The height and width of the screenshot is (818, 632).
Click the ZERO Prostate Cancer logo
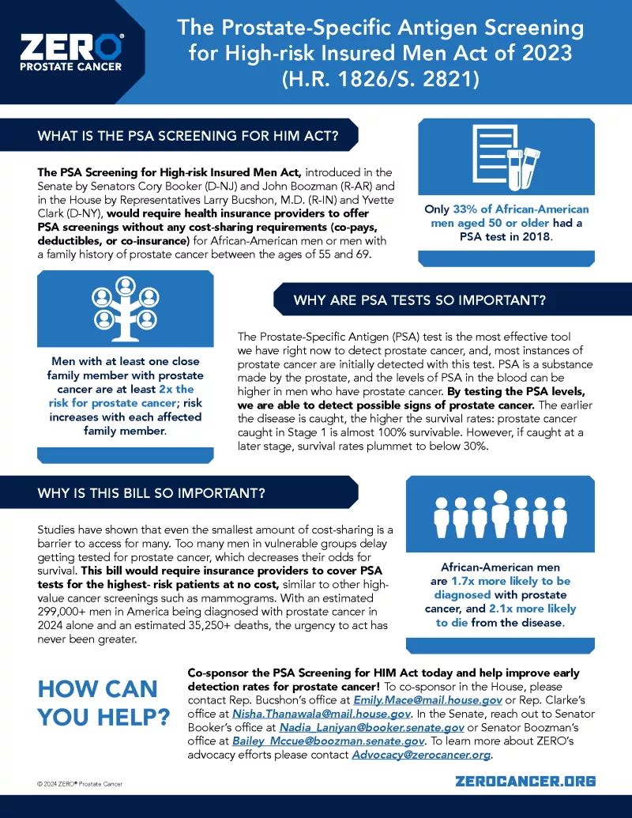pos(71,51)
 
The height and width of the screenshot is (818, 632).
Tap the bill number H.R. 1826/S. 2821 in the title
pos(380,81)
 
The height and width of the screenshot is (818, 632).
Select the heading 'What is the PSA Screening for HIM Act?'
pos(188,136)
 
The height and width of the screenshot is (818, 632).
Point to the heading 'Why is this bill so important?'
pos(151,494)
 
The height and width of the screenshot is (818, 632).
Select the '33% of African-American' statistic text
pos(521,209)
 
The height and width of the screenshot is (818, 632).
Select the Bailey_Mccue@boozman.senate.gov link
pos(328,741)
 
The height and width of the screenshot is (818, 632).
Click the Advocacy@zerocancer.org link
pos(421,755)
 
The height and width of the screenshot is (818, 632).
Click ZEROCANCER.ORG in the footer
pos(525,781)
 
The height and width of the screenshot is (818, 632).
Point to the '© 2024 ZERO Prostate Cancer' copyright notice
pos(80,783)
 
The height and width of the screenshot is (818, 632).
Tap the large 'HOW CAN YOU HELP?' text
pos(103,703)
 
